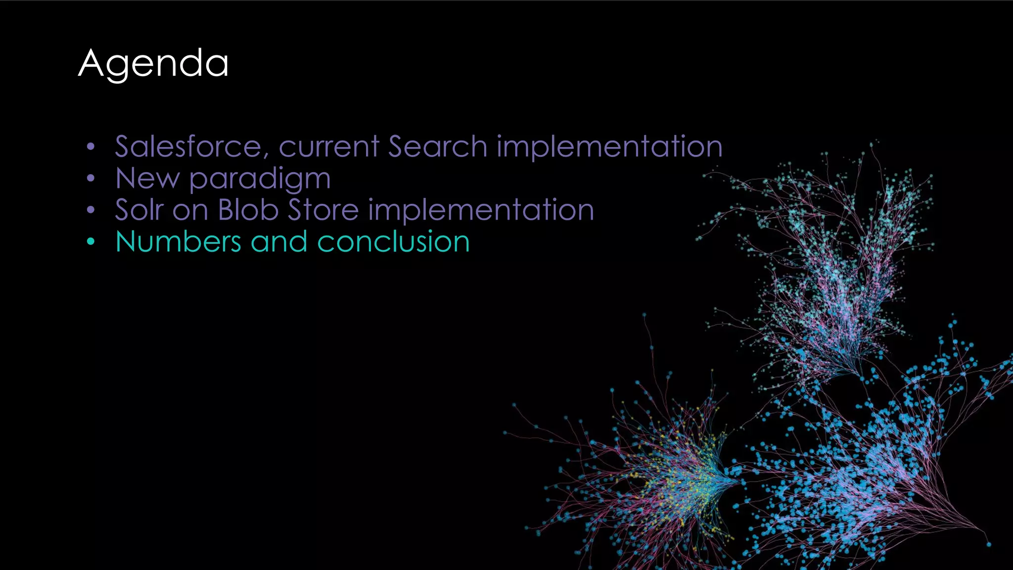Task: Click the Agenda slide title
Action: pos(153,63)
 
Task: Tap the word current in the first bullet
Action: pos(329,146)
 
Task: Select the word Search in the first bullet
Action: pos(438,146)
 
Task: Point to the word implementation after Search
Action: pos(609,147)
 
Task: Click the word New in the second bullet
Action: pos(147,178)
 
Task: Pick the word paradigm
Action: pos(260,179)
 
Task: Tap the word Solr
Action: pos(139,210)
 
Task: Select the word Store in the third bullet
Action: pos(323,210)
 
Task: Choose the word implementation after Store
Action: pos(481,211)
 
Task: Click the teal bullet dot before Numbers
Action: pos(90,242)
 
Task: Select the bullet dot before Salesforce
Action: pos(90,147)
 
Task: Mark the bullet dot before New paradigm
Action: pos(90,179)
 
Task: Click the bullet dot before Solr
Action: pos(90,210)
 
